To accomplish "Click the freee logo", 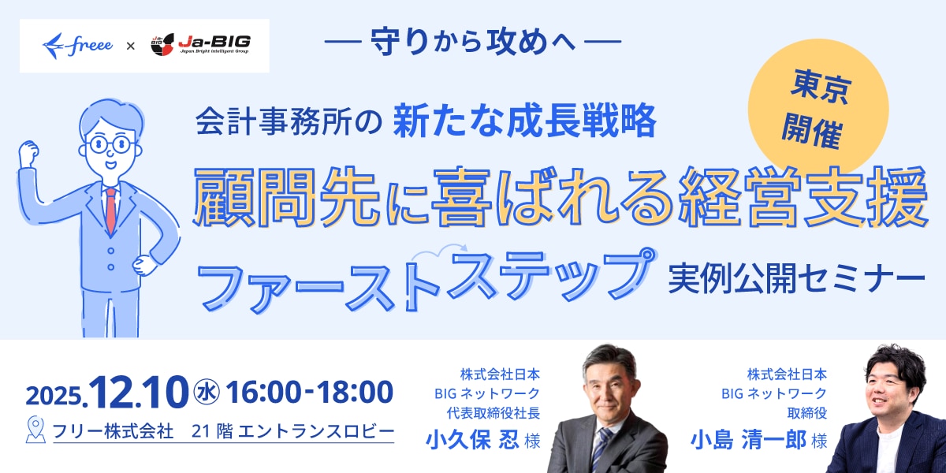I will click(80, 46).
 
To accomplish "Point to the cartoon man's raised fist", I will click(30, 151).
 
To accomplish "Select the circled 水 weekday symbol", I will click(206, 392).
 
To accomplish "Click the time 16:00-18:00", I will click(309, 392).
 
